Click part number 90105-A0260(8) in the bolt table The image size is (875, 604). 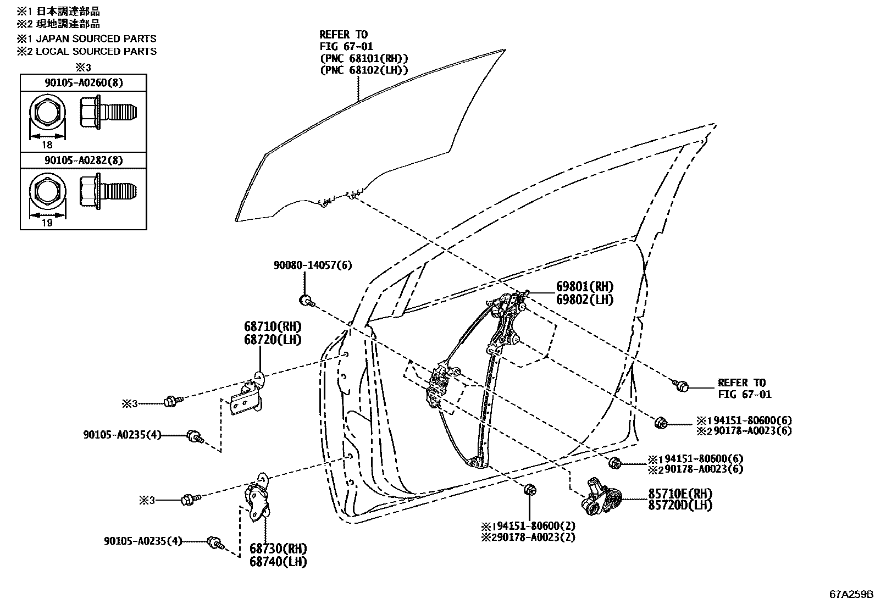click(84, 83)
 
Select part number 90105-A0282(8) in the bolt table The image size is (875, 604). click(84, 160)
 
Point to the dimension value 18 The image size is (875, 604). click(47, 145)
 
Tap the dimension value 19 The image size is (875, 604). click(47, 223)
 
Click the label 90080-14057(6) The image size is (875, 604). click(313, 265)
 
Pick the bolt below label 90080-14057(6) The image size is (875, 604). click(306, 300)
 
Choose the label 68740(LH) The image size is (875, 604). click(278, 562)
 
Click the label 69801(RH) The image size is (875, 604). click(585, 286)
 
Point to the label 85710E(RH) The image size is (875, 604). click(680, 493)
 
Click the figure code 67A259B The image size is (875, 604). click(851, 595)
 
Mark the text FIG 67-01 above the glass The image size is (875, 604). click(346, 47)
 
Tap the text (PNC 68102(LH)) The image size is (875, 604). click(364, 70)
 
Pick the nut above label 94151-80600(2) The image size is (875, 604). click(530, 489)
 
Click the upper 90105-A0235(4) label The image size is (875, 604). click(123, 435)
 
